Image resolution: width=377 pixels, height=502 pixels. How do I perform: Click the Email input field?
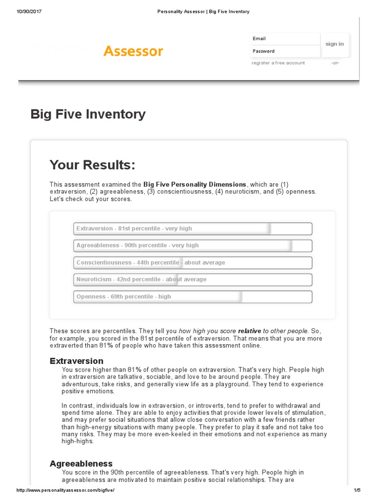click(x=285, y=39)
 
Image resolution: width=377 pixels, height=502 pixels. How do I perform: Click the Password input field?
click(x=285, y=51)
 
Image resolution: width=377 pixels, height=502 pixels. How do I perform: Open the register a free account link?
click(x=278, y=63)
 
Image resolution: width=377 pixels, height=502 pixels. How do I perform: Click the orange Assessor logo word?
click(x=133, y=51)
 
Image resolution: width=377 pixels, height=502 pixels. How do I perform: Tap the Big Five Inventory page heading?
click(x=88, y=114)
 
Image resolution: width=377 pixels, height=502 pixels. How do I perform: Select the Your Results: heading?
click(x=92, y=165)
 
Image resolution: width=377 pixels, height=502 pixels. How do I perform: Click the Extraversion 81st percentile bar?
click(x=192, y=228)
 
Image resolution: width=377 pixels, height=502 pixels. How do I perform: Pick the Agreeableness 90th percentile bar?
click(x=192, y=245)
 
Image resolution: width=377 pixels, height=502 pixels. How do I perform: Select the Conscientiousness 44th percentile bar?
click(x=192, y=262)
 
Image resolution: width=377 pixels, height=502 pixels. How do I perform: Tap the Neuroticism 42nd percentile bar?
click(x=192, y=279)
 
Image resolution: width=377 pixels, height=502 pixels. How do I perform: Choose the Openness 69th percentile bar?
click(x=192, y=297)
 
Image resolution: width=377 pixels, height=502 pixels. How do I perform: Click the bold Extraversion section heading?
click(x=77, y=361)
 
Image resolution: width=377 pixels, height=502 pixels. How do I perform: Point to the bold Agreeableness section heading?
click(x=81, y=463)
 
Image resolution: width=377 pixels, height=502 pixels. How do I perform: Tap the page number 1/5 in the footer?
click(x=356, y=490)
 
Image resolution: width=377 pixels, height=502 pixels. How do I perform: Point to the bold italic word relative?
click(x=249, y=331)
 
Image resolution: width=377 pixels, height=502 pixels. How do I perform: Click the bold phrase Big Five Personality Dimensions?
click(x=195, y=184)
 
